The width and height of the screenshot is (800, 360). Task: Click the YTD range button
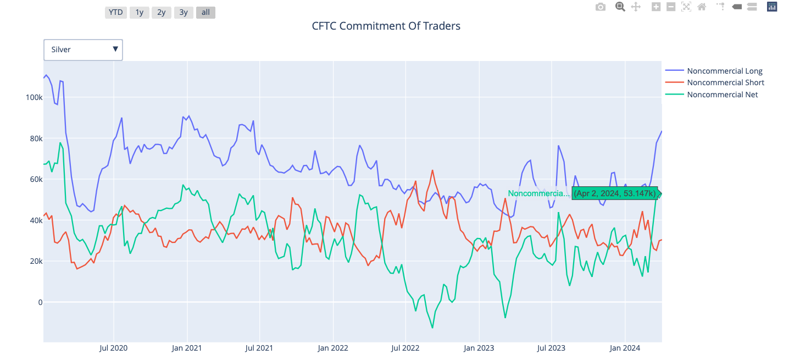(115, 12)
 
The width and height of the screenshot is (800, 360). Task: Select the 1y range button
(140, 12)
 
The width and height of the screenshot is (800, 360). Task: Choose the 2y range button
(161, 12)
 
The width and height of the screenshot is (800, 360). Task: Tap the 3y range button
(183, 12)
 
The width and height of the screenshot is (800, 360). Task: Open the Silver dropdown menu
(83, 49)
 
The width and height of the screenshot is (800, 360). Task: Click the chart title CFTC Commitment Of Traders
(386, 26)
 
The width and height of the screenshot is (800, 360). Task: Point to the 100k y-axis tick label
(34, 97)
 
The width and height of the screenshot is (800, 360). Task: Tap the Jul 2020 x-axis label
(114, 348)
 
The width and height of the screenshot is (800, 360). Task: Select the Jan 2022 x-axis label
(332, 348)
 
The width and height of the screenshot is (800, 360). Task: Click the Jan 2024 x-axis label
(625, 348)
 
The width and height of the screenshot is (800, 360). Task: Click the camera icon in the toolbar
(601, 7)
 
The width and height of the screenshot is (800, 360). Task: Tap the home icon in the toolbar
(702, 7)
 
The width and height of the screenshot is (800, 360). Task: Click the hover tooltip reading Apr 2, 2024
(615, 193)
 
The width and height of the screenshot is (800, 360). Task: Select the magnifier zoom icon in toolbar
(620, 7)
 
